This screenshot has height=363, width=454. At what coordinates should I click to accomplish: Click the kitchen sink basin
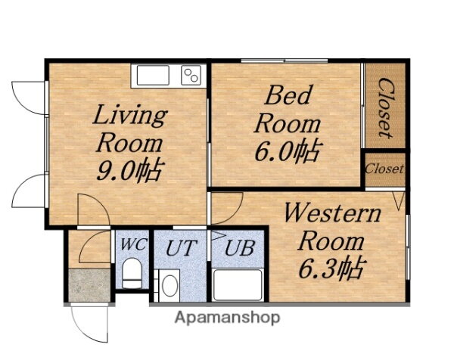[x=153, y=75]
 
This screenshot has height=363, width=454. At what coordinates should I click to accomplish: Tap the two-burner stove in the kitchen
[x=191, y=75]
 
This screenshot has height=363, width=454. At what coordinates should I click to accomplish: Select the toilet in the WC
[x=132, y=273]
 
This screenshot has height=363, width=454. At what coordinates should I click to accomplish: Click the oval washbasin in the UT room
[x=169, y=285]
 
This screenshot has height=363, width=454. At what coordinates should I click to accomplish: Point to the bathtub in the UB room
[x=238, y=285]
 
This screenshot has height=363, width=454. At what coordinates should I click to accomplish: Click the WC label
[x=133, y=244]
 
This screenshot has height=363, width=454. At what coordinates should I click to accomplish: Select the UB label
[x=240, y=248]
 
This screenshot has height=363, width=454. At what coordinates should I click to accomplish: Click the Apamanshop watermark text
[x=227, y=318]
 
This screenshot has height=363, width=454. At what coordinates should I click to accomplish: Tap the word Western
[x=333, y=213]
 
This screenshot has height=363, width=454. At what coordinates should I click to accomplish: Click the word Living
[x=130, y=116]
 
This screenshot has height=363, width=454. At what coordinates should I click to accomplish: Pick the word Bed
[x=288, y=95]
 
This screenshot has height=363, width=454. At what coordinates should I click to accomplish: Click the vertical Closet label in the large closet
[x=386, y=107]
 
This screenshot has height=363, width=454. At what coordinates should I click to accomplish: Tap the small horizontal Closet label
[x=384, y=169]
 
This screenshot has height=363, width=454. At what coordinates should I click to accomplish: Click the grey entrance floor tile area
[x=90, y=285]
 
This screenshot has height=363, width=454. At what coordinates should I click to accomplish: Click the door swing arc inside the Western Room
[x=234, y=213]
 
